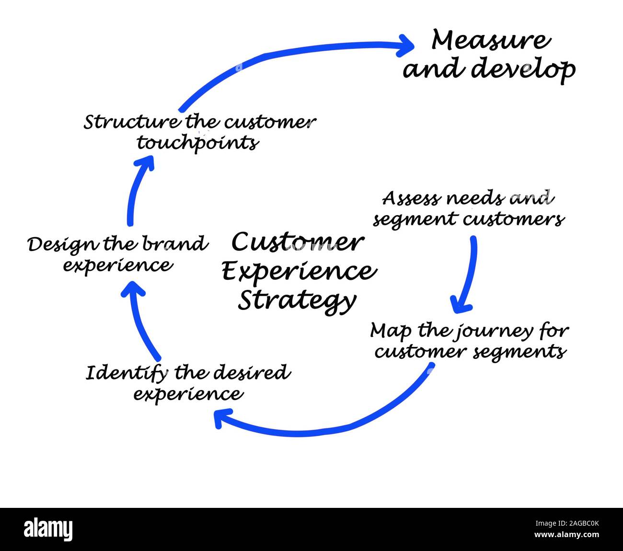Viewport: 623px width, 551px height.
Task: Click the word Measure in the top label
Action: tap(490, 40)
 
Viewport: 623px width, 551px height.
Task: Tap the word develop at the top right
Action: tap(523, 69)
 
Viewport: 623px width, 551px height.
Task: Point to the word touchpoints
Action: tap(198, 143)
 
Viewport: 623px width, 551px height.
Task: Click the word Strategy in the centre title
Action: tap(297, 301)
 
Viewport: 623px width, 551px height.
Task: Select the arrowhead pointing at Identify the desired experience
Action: tap(222, 418)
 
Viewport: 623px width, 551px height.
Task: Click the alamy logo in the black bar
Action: tap(48, 529)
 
